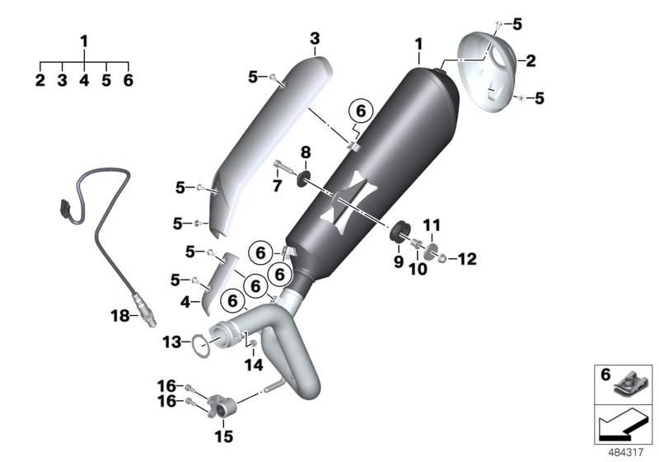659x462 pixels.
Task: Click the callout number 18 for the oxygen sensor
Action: point(120,314)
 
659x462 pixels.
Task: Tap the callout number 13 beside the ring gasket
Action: point(171,340)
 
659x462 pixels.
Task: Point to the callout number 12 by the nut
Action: point(466,260)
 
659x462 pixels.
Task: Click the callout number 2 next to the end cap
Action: point(531,60)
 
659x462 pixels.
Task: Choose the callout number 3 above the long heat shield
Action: point(315,39)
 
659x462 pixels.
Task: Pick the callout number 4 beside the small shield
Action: point(185,302)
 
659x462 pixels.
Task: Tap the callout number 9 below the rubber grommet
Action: point(398,262)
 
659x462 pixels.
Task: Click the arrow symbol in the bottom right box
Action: point(622,427)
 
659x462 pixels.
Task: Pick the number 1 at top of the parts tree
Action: point(84,40)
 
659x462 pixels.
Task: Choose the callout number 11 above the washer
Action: point(432,224)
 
